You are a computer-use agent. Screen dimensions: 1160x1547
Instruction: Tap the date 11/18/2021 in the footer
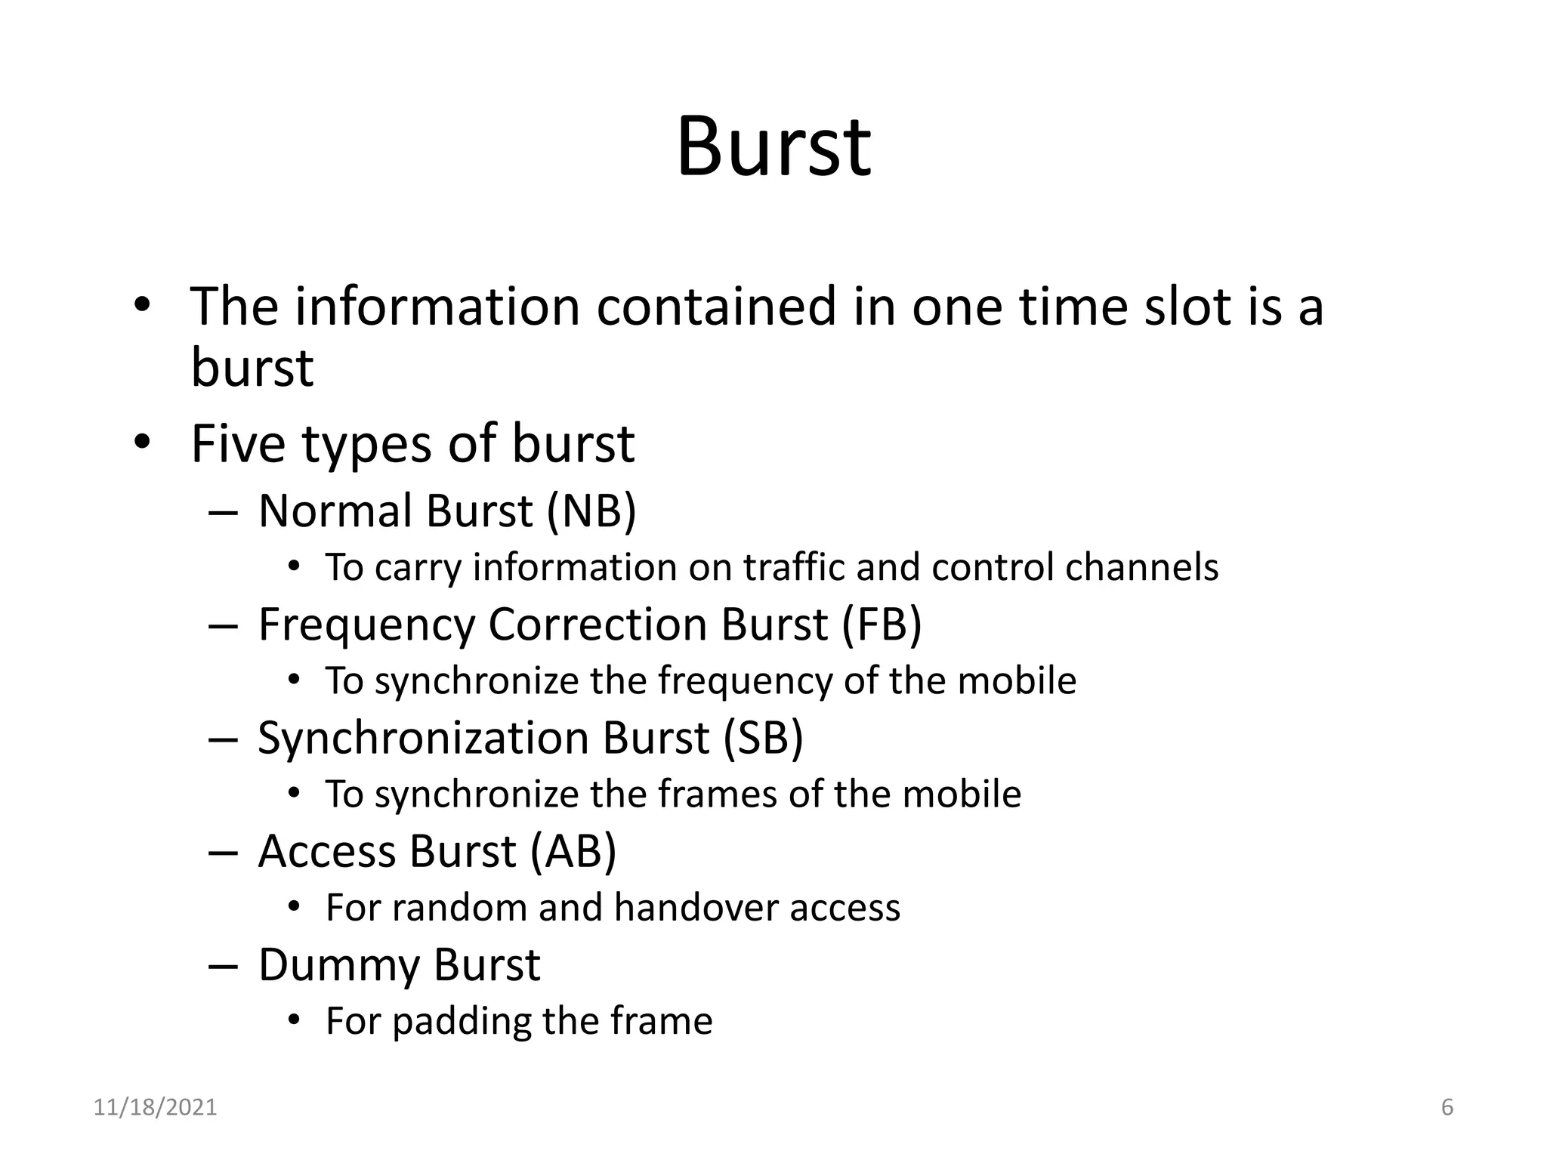coord(155,1108)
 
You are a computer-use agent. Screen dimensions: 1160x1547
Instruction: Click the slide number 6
coord(1447,1108)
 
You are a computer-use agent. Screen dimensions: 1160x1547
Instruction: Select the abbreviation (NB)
coord(591,511)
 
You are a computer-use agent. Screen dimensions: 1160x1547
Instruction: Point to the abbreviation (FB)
coord(881,625)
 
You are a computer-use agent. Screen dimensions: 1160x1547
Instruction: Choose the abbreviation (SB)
coord(762,739)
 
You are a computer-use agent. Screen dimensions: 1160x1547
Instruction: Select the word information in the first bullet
coord(437,307)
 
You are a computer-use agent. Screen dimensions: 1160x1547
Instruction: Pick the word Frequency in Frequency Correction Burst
coord(367,626)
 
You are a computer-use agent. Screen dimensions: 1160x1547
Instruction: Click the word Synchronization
coord(422,739)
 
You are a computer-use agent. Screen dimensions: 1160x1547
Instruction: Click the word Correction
coord(597,625)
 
